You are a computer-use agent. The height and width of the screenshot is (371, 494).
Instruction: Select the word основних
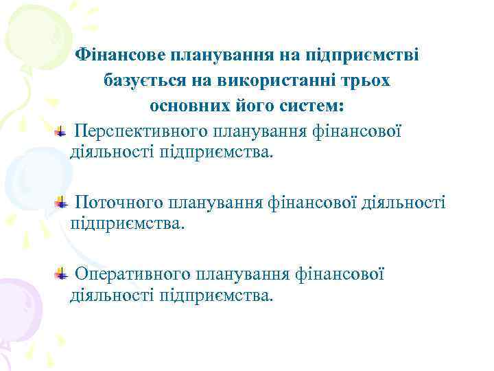click(189, 107)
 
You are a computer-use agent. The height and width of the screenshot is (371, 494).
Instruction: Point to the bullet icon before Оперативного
click(61, 274)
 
